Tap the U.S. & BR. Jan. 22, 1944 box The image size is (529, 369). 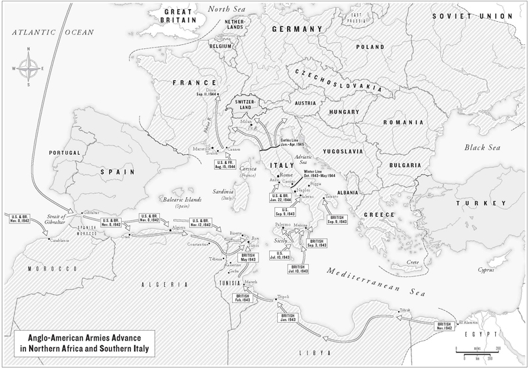(280, 198)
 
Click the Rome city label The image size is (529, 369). (288, 174)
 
